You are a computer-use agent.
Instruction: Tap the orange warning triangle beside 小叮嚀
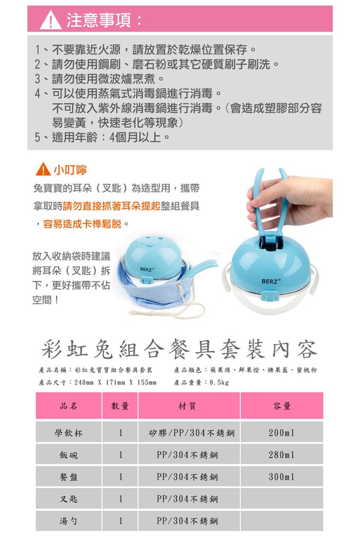point(43,170)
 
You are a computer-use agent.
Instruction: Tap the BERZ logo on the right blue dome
point(272,280)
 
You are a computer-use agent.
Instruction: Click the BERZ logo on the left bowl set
point(147,270)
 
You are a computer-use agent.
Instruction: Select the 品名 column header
point(69,406)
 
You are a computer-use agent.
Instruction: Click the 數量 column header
point(120,406)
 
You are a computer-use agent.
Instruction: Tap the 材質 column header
point(188,406)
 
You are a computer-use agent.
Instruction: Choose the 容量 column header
point(282,406)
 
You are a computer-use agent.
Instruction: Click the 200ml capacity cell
point(282,433)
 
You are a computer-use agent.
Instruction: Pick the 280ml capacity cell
point(282,455)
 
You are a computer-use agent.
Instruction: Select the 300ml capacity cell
point(282,477)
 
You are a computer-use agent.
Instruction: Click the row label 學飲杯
point(69,433)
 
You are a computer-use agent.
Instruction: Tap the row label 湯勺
point(69,521)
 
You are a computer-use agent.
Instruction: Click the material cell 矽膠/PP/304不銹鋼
point(188,433)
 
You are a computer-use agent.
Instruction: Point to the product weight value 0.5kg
point(219,382)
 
